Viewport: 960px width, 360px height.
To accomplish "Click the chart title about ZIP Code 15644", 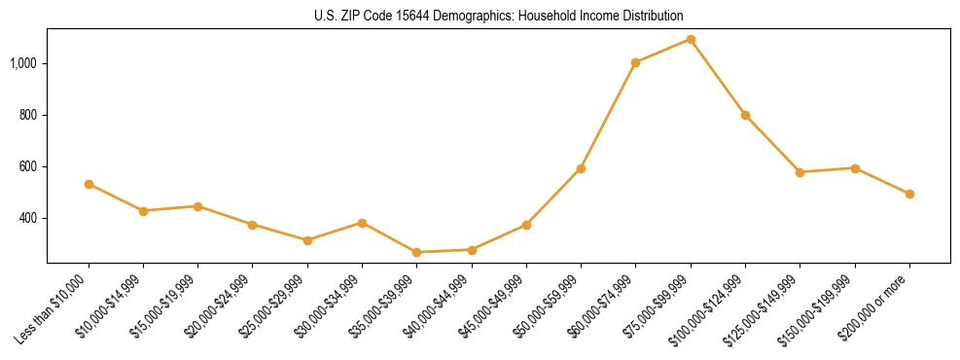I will (x=498, y=16).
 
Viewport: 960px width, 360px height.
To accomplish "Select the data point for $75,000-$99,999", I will (x=691, y=39).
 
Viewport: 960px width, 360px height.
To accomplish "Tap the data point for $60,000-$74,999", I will (x=635, y=62).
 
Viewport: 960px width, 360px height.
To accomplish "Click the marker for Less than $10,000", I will (x=89, y=184).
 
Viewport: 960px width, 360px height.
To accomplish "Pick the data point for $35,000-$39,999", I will (x=416, y=252).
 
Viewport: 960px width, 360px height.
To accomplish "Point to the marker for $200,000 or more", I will (x=909, y=194).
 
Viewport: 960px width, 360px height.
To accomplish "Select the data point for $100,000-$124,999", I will (x=745, y=115).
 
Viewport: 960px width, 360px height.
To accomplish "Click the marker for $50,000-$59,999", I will (x=581, y=168).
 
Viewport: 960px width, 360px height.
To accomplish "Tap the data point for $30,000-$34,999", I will (x=362, y=223).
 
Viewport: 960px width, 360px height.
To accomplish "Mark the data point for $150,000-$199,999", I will (x=855, y=168).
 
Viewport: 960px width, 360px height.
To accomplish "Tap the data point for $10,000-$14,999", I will (x=143, y=211).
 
